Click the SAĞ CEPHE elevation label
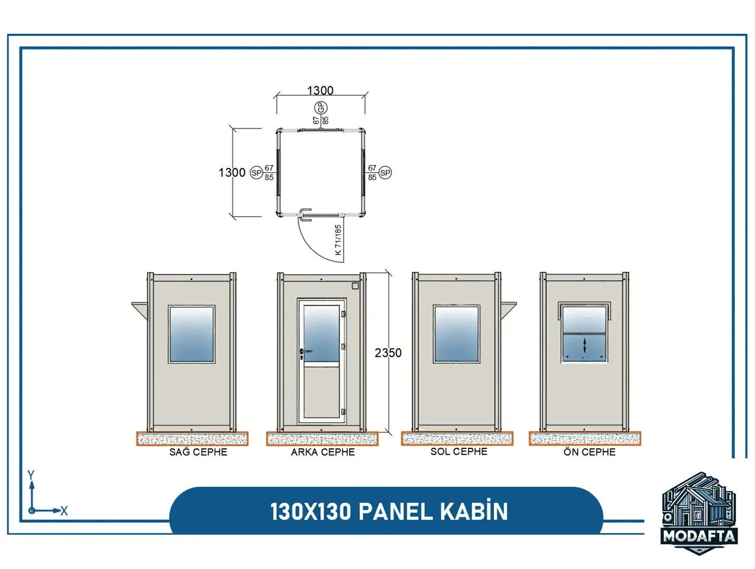(198, 452)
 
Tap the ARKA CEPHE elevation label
(322, 452)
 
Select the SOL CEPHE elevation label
(458, 451)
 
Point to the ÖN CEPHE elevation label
(589, 452)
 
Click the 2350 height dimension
(388, 353)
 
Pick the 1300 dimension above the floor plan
(320, 91)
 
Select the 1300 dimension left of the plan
(232, 172)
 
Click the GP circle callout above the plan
(320, 108)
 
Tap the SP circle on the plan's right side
(385, 173)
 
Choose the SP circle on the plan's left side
(256, 173)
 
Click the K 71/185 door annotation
(338, 240)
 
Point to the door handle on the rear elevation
(305, 351)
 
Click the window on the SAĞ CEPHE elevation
(192, 334)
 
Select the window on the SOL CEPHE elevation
(456, 334)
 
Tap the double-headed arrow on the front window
(584, 346)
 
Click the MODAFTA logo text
(699, 536)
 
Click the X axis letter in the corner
(64, 511)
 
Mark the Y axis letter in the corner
(31, 475)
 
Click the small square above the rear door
(355, 286)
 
